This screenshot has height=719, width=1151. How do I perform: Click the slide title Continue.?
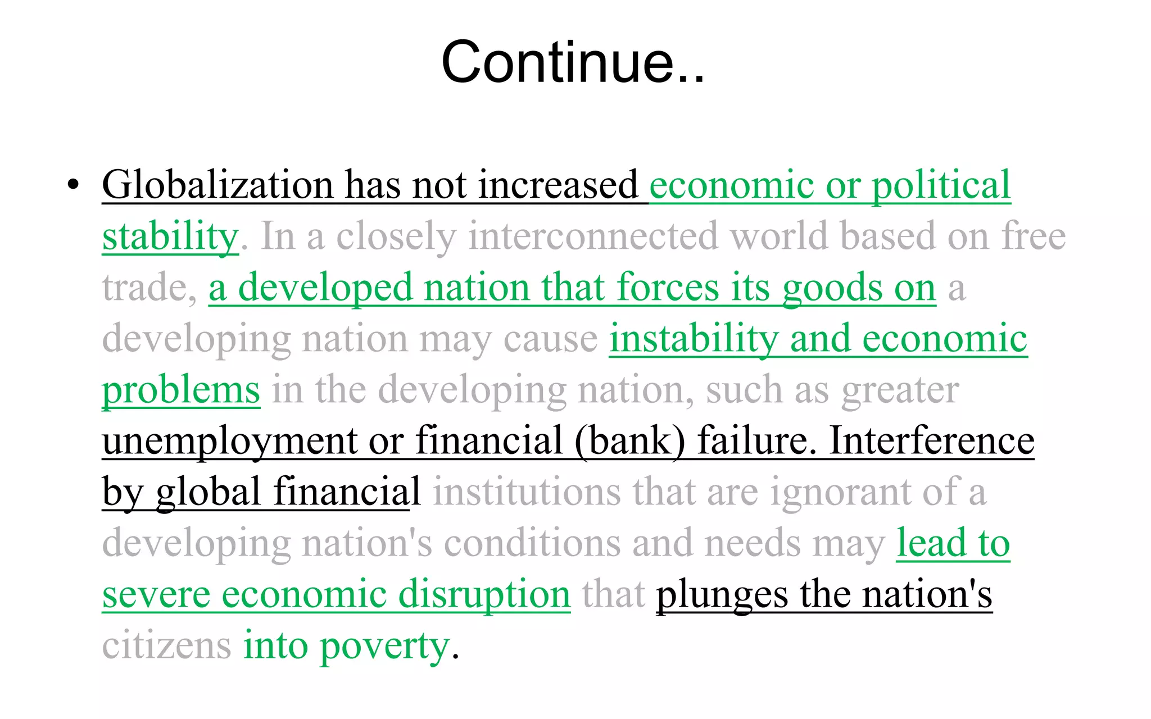point(572,62)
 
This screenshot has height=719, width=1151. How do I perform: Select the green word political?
point(941,185)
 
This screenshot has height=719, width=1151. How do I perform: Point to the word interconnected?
point(593,236)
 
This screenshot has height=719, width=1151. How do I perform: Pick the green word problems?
point(181,390)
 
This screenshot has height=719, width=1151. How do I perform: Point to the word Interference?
point(931,441)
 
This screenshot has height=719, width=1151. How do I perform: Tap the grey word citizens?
point(166,645)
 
